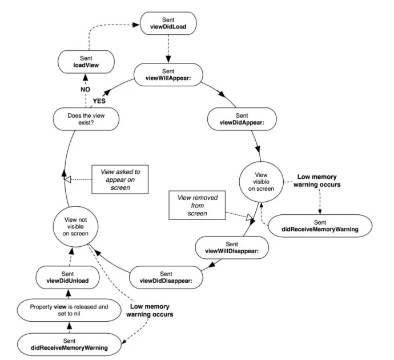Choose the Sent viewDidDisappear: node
point(166,277)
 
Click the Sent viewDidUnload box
point(69,277)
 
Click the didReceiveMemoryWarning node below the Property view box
point(70,344)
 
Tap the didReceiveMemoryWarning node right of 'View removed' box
point(320,226)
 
